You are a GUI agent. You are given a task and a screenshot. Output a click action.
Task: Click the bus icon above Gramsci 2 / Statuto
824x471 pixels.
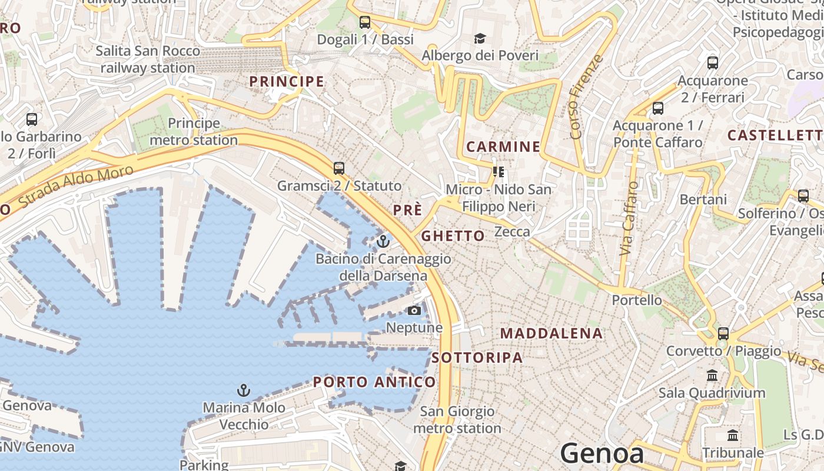click(338, 168)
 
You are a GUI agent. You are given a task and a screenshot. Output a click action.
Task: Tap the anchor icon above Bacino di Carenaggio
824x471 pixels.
click(383, 241)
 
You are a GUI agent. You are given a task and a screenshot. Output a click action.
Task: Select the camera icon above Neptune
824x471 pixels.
click(414, 310)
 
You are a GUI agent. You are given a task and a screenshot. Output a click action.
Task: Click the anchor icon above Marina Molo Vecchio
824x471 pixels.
click(243, 390)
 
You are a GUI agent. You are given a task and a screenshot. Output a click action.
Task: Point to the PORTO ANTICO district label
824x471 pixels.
click(374, 382)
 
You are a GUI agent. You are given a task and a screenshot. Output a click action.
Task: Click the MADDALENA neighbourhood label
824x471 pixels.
click(551, 333)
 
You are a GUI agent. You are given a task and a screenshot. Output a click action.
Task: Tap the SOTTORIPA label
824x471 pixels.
click(477, 357)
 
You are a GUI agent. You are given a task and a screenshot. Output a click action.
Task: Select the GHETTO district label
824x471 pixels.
click(453, 236)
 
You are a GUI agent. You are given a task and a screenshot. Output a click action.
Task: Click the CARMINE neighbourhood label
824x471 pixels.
click(503, 147)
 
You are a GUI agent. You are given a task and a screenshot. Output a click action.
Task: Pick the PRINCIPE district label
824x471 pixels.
click(287, 81)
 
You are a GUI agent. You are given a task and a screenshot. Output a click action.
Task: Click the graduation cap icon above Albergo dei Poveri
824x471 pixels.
click(480, 39)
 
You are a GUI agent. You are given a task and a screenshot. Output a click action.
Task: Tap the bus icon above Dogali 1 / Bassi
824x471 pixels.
click(365, 23)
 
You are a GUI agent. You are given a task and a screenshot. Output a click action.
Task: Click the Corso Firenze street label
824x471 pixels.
click(586, 97)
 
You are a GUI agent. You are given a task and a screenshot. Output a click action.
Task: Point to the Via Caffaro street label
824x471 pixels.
click(629, 218)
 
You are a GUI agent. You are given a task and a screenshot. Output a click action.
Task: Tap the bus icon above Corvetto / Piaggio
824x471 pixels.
click(723, 334)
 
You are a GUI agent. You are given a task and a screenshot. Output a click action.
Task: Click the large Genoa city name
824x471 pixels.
click(602, 453)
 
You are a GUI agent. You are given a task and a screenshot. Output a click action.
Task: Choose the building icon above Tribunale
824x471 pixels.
click(733, 436)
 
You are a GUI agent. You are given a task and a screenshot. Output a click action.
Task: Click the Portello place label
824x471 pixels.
click(637, 300)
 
